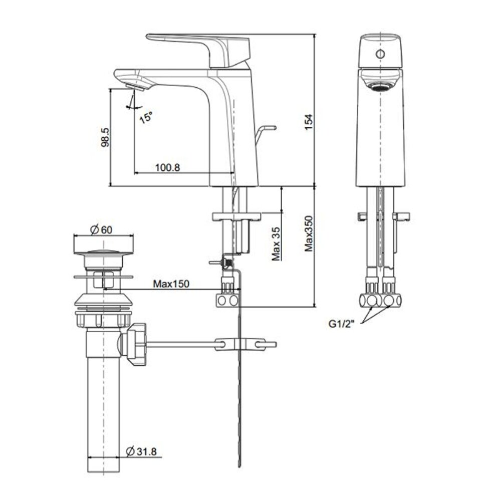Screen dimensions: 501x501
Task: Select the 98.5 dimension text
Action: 104,137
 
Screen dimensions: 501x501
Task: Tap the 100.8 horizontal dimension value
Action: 167,167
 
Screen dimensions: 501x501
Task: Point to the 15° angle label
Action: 146,117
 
